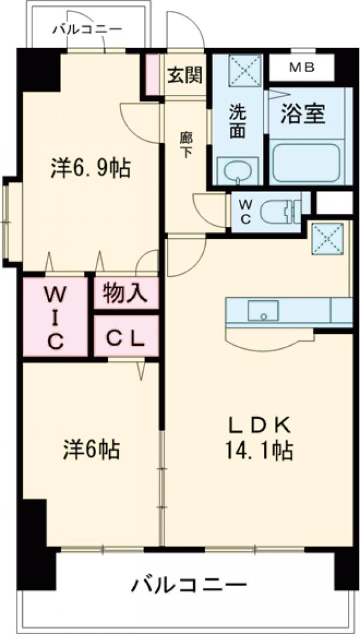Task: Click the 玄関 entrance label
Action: pos(185,75)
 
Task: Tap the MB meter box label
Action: pos(302,68)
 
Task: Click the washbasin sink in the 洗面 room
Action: pos(238,172)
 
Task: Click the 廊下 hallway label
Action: pos(186,144)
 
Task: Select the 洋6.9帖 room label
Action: pos(90,169)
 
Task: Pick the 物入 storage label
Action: pos(125,294)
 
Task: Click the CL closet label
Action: pos(125,339)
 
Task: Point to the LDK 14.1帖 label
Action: pos(260,438)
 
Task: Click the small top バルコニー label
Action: pos(87,29)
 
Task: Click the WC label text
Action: pos(246,211)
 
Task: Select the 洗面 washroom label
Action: pos(238,121)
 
